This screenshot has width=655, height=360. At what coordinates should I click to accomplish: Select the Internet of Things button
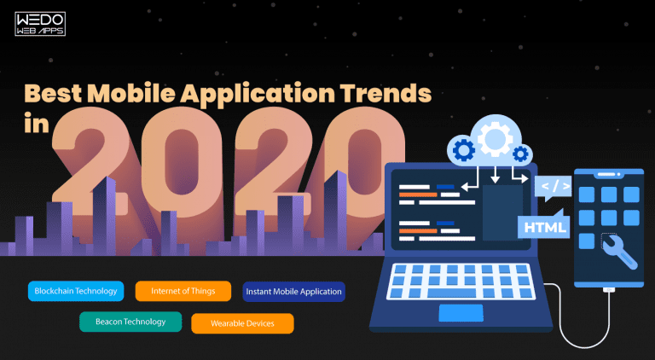click(x=183, y=291)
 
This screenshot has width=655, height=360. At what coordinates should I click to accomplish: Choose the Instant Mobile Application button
click(x=294, y=291)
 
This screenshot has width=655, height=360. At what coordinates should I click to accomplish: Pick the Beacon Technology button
click(x=130, y=321)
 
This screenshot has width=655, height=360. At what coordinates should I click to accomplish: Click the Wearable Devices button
click(x=241, y=323)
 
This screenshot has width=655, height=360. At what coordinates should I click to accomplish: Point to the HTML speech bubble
click(x=542, y=227)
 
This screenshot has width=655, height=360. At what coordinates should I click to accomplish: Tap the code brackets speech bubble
click(x=552, y=185)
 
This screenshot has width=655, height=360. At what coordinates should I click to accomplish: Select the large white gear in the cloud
click(x=493, y=136)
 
